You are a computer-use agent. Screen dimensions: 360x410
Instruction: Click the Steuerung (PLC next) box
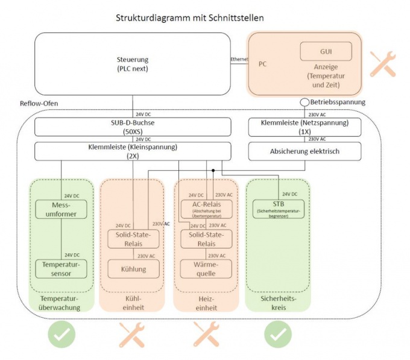tap(133, 63)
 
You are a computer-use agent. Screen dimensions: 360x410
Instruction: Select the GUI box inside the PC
tap(326, 52)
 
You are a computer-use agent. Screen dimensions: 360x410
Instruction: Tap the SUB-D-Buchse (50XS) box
tap(133, 127)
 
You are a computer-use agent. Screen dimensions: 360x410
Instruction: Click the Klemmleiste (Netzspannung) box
tap(305, 127)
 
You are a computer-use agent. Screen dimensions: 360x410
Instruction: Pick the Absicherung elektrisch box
tap(305, 151)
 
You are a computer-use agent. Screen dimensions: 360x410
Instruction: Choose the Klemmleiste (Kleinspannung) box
tap(133, 151)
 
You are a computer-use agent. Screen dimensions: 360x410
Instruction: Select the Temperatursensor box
tap(61, 268)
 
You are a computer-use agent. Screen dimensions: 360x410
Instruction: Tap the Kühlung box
tap(134, 269)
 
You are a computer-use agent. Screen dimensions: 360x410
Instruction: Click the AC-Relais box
tap(206, 209)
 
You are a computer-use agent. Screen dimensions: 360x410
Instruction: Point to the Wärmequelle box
tap(206, 269)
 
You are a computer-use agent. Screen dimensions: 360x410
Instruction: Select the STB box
tap(277, 209)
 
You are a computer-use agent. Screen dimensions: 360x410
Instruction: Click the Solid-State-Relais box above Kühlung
tap(134, 238)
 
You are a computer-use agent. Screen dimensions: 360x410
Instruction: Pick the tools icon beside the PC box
tap(382, 63)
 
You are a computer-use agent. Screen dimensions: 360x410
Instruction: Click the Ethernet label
tap(239, 60)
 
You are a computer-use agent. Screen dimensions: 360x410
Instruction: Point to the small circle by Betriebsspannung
tap(305, 103)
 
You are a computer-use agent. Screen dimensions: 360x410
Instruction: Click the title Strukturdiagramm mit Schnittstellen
tap(189, 18)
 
